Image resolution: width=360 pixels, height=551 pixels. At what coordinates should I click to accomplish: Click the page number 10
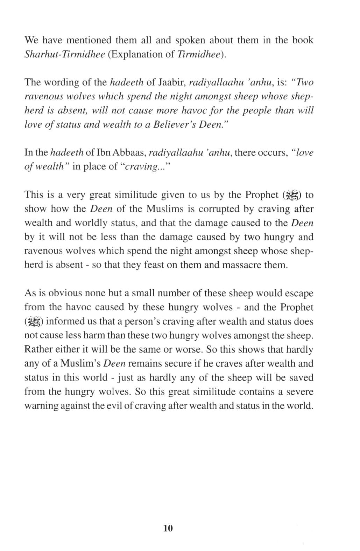point(168,528)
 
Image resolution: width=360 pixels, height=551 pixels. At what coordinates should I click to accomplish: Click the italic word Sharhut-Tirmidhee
point(65,55)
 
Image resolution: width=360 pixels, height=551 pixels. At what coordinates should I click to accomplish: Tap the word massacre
point(242,265)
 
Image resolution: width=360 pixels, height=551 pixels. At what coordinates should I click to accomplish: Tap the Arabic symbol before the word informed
point(34,322)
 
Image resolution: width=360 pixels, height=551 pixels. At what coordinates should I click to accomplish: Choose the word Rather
point(38,349)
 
